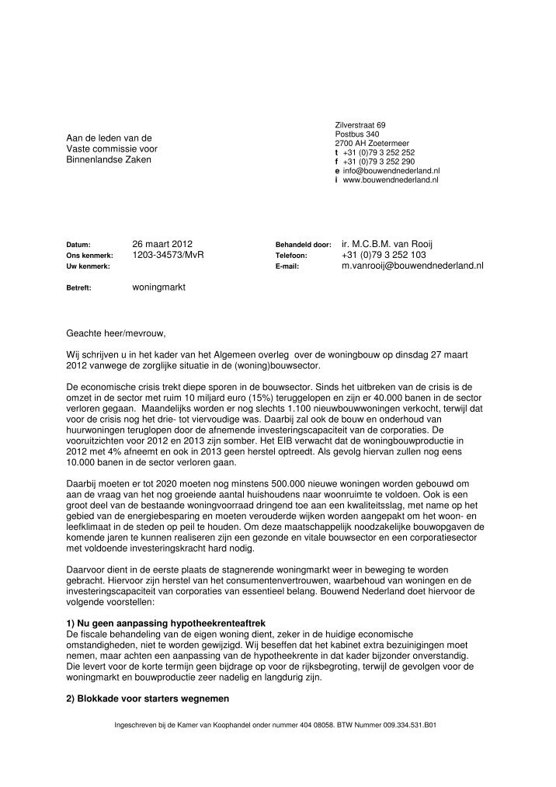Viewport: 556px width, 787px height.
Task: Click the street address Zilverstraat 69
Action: pos(360,125)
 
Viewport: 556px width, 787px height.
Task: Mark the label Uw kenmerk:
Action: pos(87,266)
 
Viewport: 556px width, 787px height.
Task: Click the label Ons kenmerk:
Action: pos(89,255)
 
